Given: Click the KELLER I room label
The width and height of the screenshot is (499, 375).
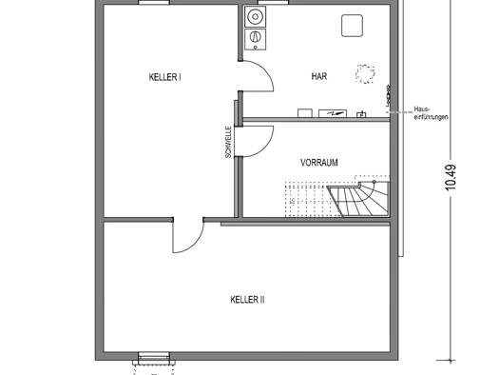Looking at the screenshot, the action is [x=164, y=77].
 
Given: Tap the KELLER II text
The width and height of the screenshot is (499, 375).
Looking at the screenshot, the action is [x=247, y=300].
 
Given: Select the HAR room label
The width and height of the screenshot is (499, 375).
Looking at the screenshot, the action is [x=319, y=76].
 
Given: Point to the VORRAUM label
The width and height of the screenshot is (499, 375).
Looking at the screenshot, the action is [x=319, y=163].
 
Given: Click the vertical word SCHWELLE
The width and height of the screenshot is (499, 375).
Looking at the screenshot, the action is [x=228, y=142].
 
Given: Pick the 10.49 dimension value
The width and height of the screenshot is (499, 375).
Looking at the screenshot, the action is [x=451, y=177].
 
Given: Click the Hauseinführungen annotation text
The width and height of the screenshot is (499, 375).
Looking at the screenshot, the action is [x=431, y=113].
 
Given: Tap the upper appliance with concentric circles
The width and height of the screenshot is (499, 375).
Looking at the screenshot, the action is [x=256, y=16].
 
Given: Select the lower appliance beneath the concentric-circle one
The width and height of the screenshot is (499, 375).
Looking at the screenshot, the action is [x=256, y=39].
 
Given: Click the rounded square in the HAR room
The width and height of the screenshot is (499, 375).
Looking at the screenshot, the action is [x=352, y=26].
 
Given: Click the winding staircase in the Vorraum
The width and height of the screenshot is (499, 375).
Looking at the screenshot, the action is [x=359, y=199].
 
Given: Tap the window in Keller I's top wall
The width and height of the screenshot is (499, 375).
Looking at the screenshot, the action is [x=154, y=2].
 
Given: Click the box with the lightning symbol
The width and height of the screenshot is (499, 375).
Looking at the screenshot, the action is [x=333, y=113].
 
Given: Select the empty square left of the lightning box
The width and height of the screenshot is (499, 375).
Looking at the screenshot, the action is [x=305, y=113].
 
